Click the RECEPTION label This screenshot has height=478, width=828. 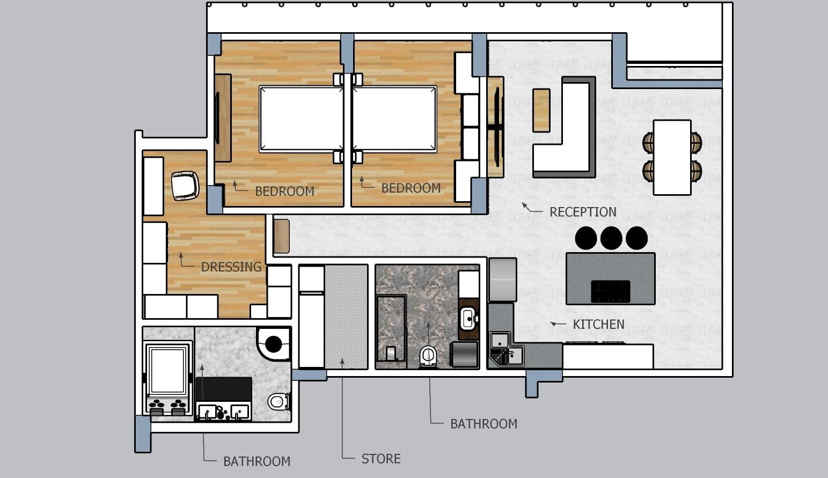(x=583, y=212)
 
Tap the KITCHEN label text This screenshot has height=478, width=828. (x=598, y=325)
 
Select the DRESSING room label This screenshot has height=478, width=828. (x=231, y=267)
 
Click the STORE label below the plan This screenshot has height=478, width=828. (x=381, y=459)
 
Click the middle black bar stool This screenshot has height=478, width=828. (x=611, y=238)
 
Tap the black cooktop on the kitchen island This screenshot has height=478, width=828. (x=610, y=291)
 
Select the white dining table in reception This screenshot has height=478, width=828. (x=672, y=158)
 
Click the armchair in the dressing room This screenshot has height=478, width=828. (x=185, y=186)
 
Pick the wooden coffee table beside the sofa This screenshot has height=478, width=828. (x=541, y=110)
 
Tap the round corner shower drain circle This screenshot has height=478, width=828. (x=273, y=344)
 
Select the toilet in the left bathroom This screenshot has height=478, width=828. (x=279, y=401)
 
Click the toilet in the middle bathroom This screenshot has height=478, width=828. (x=428, y=356)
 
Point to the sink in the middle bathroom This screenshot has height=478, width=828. (x=468, y=318)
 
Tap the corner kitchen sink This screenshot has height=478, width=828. (x=507, y=349)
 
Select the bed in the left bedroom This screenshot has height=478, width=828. (x=301, y=119)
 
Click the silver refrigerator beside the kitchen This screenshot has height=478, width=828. (x=503, y=280)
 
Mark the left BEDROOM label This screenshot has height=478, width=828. (x=284, y=192)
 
